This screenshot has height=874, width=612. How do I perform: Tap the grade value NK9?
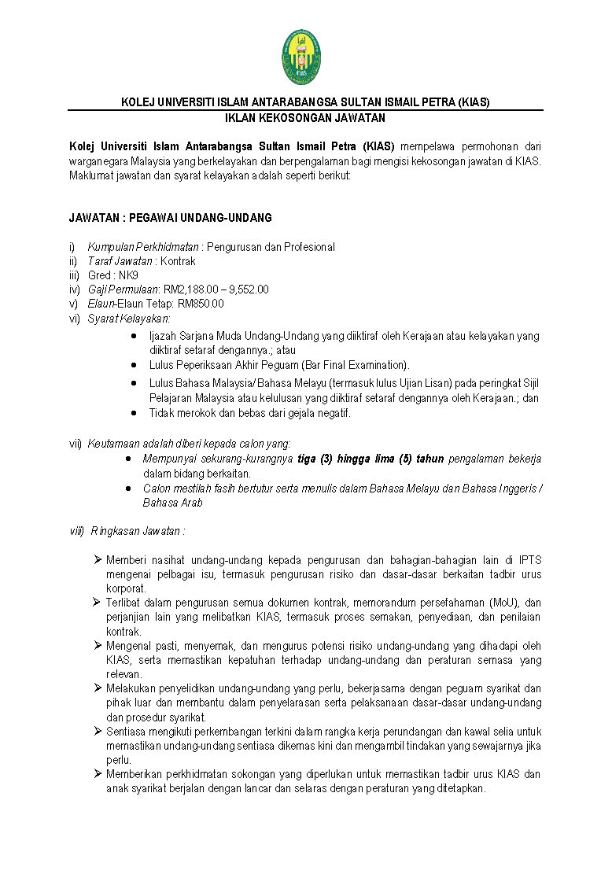pos(127,275)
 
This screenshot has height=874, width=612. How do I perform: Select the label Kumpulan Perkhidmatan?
pos(142,247)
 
